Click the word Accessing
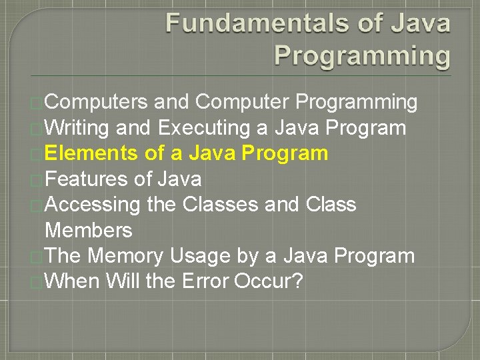coord(93,205)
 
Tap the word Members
coord(88,231)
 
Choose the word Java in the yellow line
coord(212,153)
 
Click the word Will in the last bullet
coord(122,281)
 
